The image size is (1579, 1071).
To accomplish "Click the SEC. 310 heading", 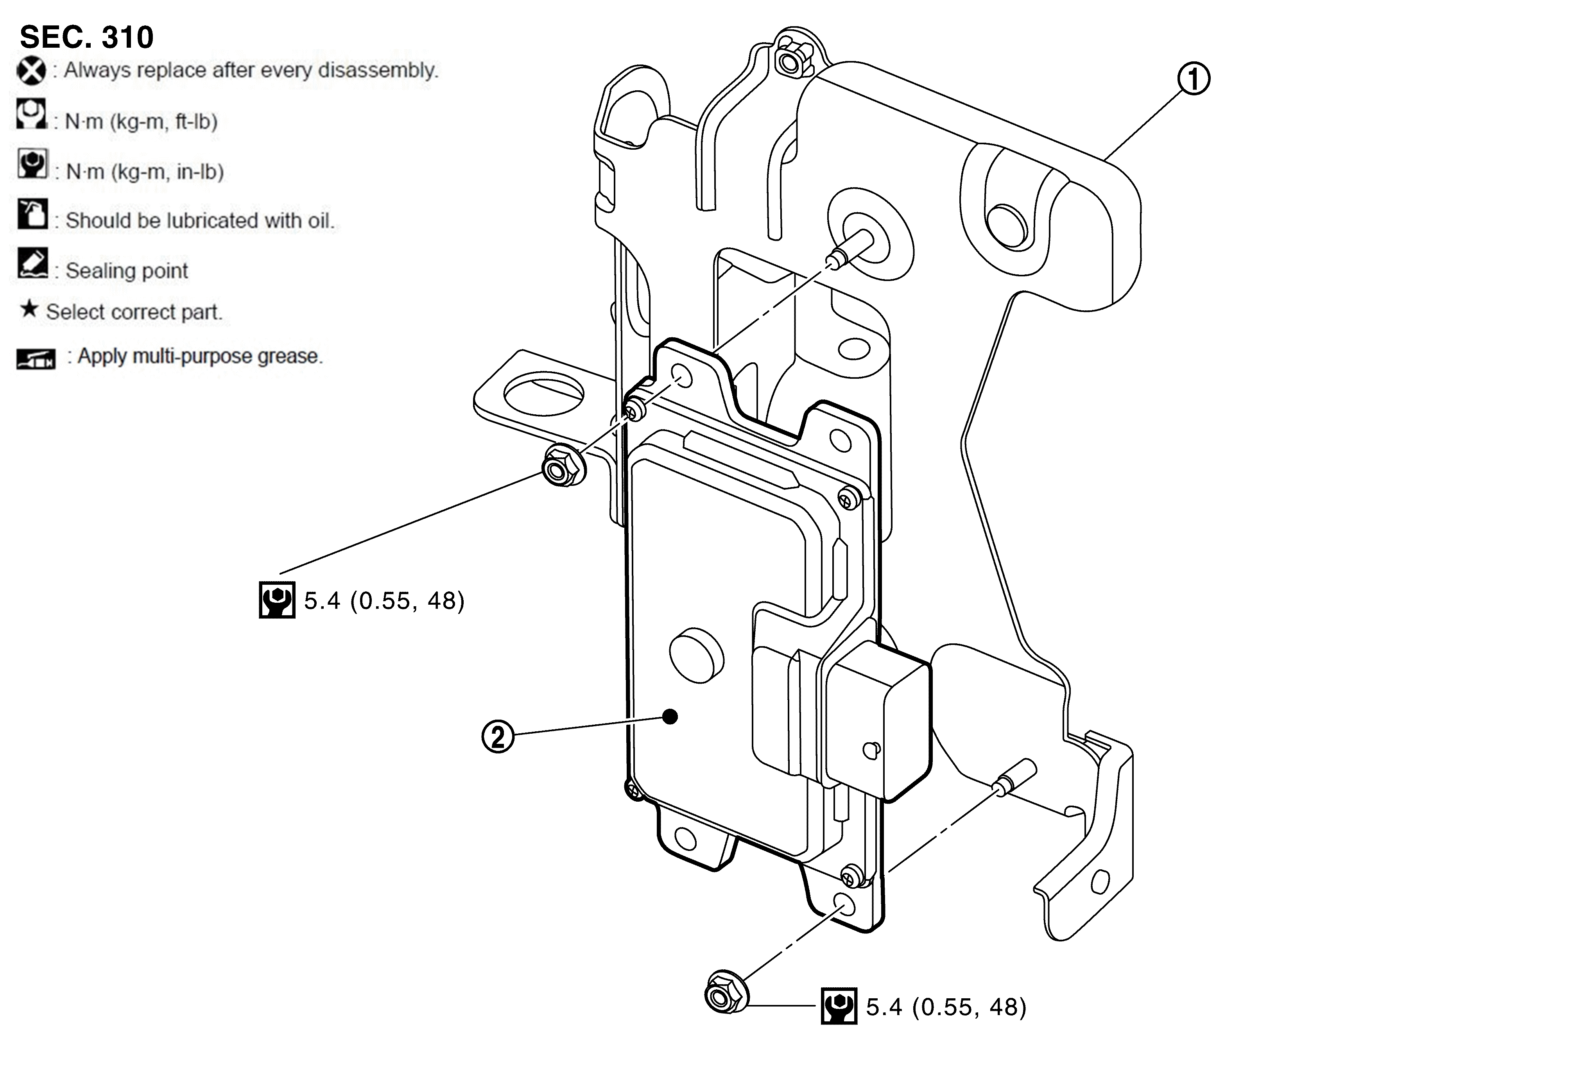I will [86, 38].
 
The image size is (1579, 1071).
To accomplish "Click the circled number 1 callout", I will [1193, 79].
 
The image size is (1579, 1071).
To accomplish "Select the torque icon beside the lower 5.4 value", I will [839, 1005].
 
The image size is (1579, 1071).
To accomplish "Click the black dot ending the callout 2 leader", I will [670, 716].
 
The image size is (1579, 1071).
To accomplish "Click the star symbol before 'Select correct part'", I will [29, 310].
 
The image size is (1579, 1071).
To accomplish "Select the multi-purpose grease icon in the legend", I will [35, 358].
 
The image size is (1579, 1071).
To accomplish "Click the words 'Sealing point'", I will [126, 270].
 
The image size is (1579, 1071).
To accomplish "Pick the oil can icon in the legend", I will [32, 215].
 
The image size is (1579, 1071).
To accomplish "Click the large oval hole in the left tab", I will [543, 392].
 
